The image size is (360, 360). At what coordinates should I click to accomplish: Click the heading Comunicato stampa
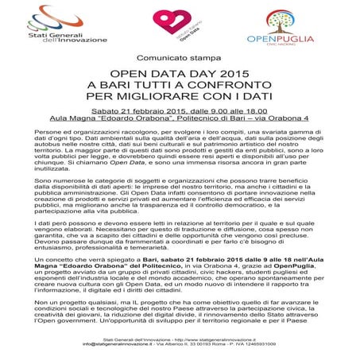tap(180, 60)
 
